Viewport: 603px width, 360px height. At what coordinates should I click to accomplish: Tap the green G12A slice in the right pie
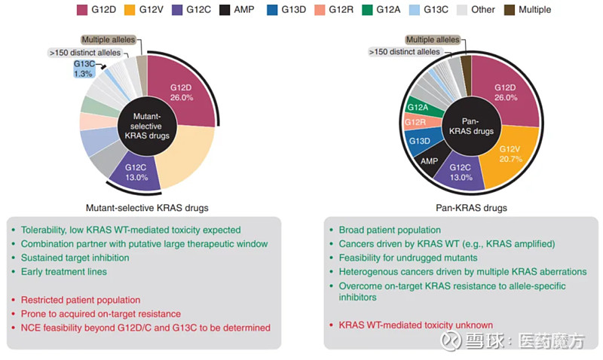[x=418, y=108]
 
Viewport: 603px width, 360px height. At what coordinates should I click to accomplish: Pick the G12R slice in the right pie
[x=415, y=123]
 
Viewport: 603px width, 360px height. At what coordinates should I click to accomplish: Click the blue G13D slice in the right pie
[x=418, y=141]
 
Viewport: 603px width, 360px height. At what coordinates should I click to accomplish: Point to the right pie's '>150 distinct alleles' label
[x=404, y=52]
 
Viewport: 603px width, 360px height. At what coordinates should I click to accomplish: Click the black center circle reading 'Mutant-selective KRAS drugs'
[x=148, y=126]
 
